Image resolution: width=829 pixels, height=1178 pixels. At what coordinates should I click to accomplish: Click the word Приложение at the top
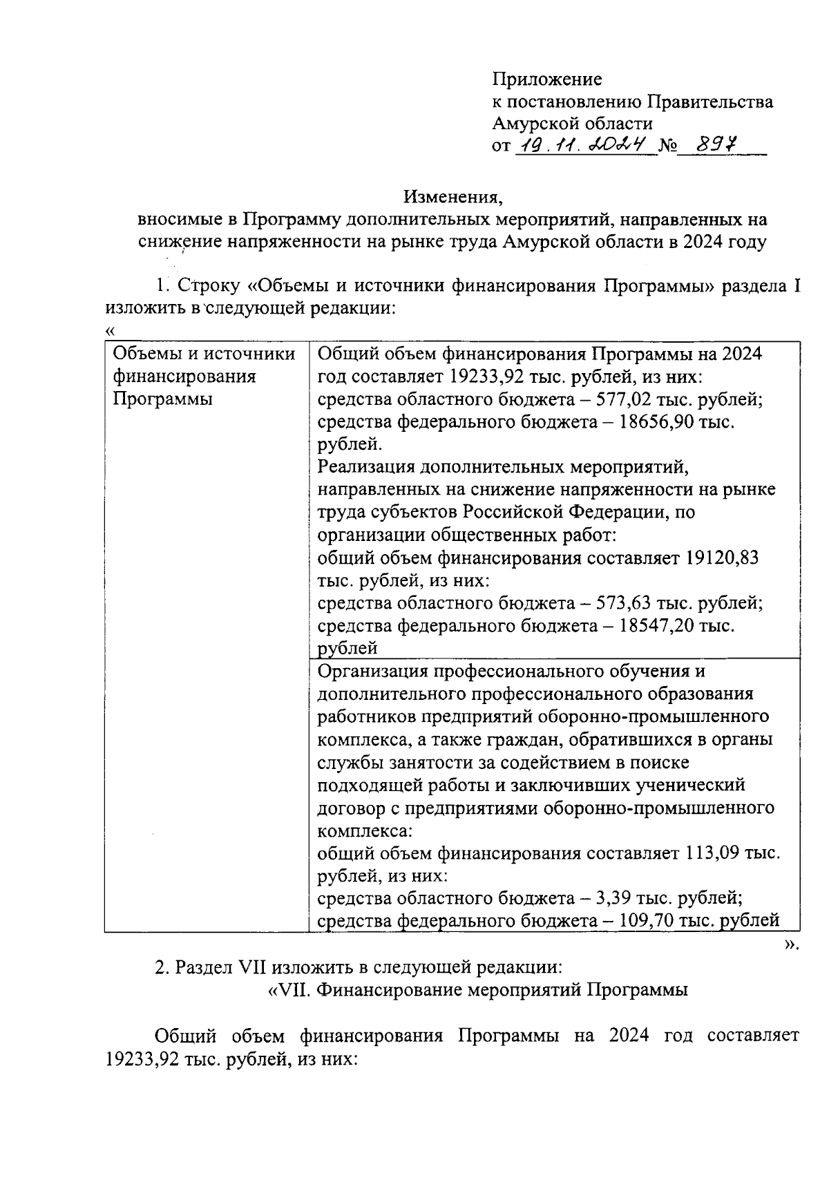pyautogui.click(x=546, y=79)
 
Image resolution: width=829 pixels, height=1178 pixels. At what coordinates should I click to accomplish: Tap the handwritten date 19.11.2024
pyautogui.click(x=586, y=145)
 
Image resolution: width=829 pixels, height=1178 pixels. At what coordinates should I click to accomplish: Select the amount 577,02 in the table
pyautogui.click(x=625, y=400)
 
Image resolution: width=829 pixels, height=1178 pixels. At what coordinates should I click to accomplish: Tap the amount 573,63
pyautogui.click(x=625, y=603)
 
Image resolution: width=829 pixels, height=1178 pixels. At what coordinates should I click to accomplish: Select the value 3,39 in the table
pyautogui.click(x=616, y=898)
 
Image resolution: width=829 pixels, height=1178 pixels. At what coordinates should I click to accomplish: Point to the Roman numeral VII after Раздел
pyautogui.click(x=247, y=967)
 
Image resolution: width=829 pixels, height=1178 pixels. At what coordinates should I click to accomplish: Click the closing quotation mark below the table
pyautogui.click(x=792, y=944)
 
